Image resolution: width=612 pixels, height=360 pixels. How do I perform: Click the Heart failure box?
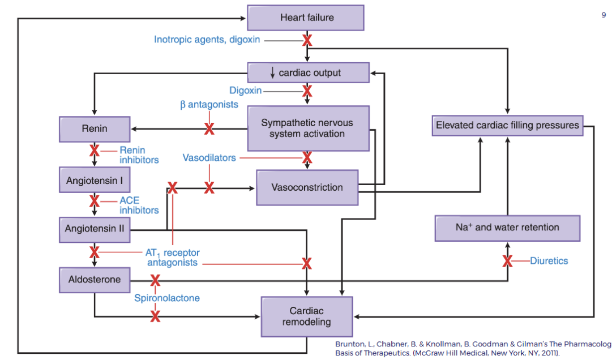pos(306,18)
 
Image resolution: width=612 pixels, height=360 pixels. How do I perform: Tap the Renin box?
pos(95,129)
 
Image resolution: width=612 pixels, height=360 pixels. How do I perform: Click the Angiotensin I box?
pos(95,181)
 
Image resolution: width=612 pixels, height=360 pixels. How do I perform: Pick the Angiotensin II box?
pos(95,229)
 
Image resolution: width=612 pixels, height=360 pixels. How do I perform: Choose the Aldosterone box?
pos(95,280)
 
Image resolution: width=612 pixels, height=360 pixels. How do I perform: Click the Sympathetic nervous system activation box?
pos(308,128)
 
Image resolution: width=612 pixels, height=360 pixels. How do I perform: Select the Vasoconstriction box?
pos(307,187)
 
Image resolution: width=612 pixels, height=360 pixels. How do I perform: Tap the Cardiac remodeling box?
pos(306,316)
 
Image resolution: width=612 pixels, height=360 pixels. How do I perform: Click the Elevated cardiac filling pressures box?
pos(507,125)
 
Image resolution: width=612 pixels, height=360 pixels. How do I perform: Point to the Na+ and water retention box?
pos(507,228)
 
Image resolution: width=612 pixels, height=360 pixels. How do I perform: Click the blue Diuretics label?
pos(549,261)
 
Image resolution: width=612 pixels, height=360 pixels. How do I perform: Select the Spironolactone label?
pos(166,298)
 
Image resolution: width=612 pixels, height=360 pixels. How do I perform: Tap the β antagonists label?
pos(209,105)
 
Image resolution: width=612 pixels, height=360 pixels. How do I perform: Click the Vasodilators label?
pos(209,158)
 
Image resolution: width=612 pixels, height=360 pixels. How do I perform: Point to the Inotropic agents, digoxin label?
pos(207,40)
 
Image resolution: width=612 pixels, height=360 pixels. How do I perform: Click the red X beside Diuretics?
pos(507,261)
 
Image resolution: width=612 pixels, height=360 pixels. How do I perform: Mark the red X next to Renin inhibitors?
pos(95,151)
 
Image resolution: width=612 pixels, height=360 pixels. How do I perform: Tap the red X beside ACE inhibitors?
pos(95,201)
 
